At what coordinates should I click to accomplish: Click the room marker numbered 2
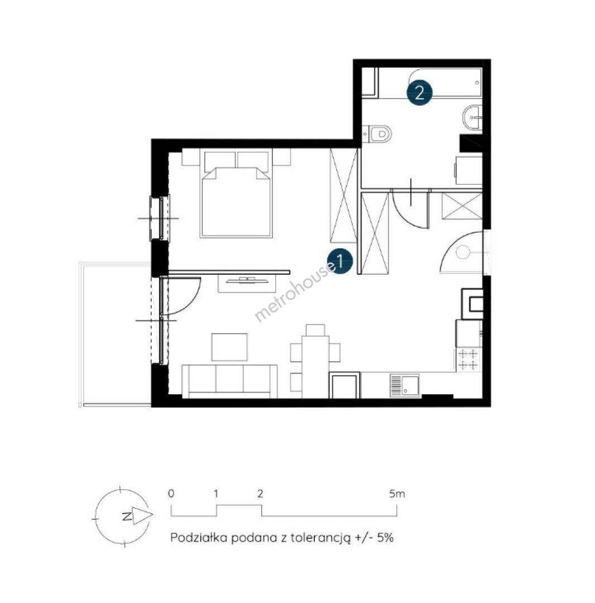(x=420, y=93)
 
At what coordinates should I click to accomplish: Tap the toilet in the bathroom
(x=377, y=134)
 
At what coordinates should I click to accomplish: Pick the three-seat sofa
(x=229, y=381)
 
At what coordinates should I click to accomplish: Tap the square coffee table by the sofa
(x=229, y=347)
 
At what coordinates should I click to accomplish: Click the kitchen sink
(x=405, y=385)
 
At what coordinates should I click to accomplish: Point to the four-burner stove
(x=468, y=359)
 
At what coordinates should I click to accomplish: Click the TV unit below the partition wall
(x=247, y=283)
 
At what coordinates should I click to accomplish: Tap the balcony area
(x=115, y=334)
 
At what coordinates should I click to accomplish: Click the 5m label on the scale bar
(x=397, y=494)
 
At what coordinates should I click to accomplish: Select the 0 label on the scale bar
(x=171, y=494)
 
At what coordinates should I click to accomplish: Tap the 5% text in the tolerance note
(x=385, y=537)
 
